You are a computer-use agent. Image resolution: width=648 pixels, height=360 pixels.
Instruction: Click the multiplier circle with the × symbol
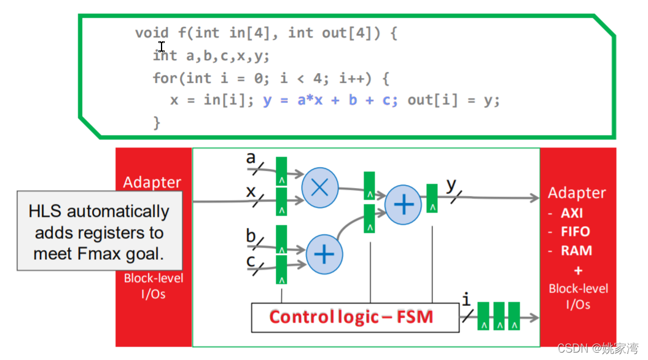tap(320, 187)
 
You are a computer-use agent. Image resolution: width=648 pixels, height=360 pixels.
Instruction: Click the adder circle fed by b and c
tap(324, 254)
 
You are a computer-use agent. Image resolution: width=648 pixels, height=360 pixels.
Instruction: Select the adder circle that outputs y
tap(403, 204)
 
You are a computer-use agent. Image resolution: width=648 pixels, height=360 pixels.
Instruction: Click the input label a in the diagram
tap(251, 158)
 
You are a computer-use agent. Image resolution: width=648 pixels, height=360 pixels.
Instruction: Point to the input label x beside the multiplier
tap(251, 191)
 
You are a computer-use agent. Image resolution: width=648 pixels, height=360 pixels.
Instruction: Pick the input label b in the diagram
tap(251, 235)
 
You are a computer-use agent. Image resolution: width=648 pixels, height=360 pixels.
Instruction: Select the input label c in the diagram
tap(251, 260)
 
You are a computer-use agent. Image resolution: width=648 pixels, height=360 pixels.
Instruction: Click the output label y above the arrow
tap(451, 183)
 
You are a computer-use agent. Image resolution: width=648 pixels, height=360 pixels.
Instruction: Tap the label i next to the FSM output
tap(466, 300)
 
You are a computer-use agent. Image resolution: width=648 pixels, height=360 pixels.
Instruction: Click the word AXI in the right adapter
tap(572, 213)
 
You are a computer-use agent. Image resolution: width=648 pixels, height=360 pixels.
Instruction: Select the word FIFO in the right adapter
tap(575, 232)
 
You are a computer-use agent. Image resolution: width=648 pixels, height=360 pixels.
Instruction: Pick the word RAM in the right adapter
tap(576, 251)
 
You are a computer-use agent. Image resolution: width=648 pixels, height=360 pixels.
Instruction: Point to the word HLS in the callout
tap(46, 211)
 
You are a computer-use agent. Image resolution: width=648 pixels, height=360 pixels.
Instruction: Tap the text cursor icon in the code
tap(161, 47)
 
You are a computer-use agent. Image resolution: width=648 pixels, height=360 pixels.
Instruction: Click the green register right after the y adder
tap(432, 198)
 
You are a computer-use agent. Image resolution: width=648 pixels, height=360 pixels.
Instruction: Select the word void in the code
tap(152, 33)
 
